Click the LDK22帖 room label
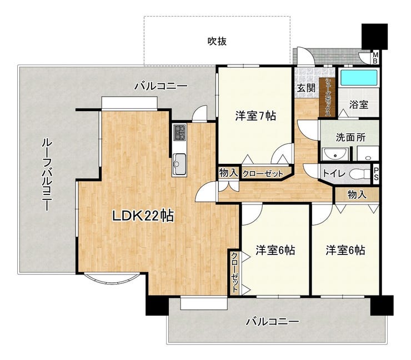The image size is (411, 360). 143,216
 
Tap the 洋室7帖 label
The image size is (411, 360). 255,116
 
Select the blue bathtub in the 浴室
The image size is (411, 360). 358,77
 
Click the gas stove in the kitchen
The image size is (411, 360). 180,132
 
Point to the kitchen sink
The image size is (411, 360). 179,164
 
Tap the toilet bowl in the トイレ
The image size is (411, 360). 360,173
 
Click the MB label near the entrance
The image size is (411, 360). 375,58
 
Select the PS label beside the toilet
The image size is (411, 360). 376,174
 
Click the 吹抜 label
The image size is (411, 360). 217,42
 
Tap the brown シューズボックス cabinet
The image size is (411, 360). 327,97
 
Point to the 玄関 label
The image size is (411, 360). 306,88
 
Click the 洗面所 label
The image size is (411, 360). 350,137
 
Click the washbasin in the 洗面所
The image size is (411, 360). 335,154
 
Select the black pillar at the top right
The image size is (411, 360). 374,36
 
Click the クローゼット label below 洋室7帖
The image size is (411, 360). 263,173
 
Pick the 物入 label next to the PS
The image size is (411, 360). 357,194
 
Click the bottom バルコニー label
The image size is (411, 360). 272,322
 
